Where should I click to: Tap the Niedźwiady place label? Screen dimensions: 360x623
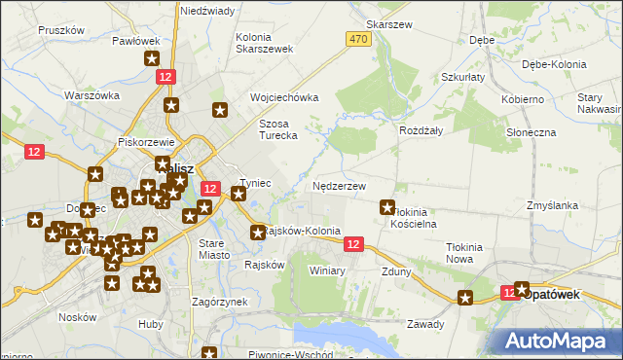206,10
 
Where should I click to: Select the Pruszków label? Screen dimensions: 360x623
57,30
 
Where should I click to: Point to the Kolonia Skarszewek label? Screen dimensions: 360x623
259,43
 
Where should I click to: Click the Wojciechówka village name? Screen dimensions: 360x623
284,98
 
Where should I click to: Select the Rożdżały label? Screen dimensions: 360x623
421,129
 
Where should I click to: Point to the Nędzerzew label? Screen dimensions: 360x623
339,185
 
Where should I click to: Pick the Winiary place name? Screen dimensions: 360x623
327,270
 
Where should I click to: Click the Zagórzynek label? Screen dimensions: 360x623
219,303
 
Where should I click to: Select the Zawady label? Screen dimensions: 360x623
425,324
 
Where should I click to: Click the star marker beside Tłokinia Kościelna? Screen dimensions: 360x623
387,206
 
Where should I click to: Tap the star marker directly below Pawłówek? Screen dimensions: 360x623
153,58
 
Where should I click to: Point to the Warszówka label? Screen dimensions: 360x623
92,95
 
